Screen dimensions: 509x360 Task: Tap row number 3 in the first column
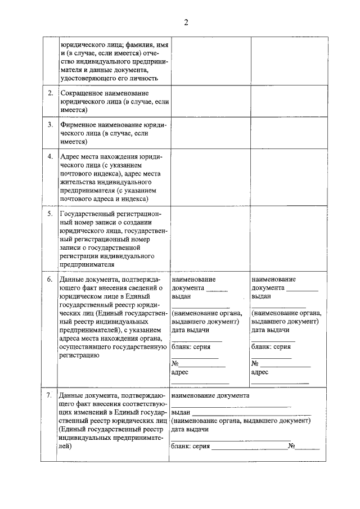click(x=50, y=124)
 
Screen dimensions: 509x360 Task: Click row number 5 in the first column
click(x=50, y=214)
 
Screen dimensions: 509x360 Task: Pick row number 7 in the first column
click(x=50, y=395)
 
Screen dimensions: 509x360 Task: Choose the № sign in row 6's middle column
click(x=175, y=363)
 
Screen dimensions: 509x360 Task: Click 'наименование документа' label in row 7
click(x=211, y=395)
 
